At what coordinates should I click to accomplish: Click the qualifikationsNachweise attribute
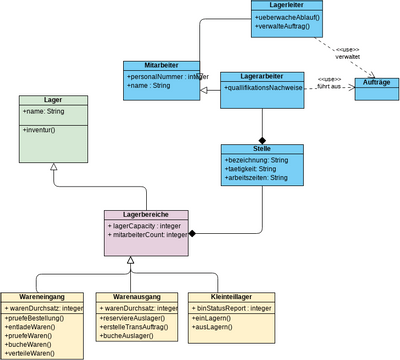click(262, 88)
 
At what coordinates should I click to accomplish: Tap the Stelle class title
click(262, 148)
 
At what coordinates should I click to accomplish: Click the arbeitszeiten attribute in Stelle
click(258, 178)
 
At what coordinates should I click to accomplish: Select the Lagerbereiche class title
click(146, 215)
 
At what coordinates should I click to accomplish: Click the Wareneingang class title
click(42, 297)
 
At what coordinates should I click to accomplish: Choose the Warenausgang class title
click(134, 297)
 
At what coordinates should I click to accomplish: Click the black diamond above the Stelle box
click(262, 139)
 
